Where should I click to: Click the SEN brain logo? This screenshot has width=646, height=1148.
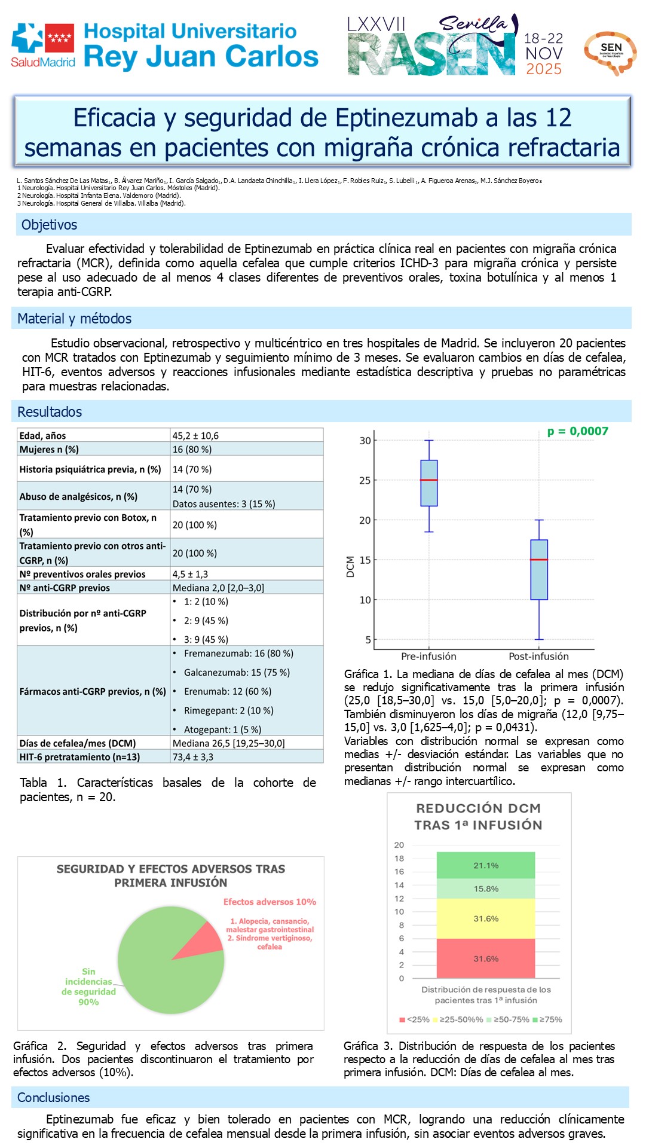click(610, 53)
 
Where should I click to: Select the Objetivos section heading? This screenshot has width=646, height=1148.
click(49, 225)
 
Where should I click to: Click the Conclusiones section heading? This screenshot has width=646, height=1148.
click(53, 1097)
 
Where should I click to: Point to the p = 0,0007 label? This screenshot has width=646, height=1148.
click(577, 431)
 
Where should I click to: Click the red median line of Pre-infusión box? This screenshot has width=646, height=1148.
click(428, 480)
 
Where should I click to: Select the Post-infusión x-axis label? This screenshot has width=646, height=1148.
click(538, 656)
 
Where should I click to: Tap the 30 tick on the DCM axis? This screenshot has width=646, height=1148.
click(365, 441)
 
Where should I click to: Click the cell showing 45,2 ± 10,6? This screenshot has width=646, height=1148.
click(195, 436)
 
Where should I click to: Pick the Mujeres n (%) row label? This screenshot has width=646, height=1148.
click(49, 450)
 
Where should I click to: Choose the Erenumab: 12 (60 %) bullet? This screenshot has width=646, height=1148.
click(227, 691)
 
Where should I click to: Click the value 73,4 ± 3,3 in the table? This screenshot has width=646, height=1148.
click(192, 757)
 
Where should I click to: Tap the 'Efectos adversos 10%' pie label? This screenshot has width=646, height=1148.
click(270, 902)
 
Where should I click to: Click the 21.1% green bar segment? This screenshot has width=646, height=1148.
click(485, 865)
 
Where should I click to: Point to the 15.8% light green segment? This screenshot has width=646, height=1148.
click(485, 889)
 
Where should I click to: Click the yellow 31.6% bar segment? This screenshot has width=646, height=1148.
click(485, 918)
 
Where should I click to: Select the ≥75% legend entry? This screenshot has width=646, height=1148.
click(547, 1019)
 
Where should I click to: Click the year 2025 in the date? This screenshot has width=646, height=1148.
click(543, 69)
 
